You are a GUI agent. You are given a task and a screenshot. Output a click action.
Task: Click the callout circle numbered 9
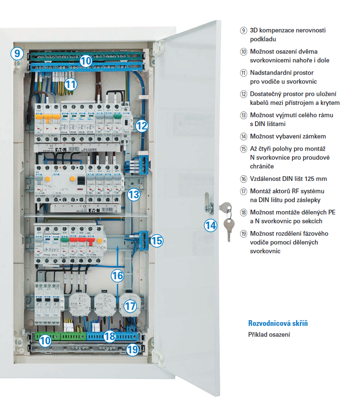tap(17, 52)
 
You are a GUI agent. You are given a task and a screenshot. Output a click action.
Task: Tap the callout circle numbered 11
tap(70, 85)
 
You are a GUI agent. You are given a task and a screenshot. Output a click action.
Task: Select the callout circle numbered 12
tap(142, 125)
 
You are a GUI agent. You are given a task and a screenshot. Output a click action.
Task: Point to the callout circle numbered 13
tap(134, 194)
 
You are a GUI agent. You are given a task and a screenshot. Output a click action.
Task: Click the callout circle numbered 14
tap(210, 225)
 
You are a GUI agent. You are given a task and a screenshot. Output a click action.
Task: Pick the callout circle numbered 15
tap(157, 240)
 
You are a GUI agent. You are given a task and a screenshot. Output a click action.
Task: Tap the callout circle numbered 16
tap(118, 275)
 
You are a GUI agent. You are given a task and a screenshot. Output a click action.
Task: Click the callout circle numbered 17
tap(130, 306)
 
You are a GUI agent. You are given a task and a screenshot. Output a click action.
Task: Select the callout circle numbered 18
tap(110, 336)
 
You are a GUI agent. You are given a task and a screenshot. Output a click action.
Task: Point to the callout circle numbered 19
tap(133, 350)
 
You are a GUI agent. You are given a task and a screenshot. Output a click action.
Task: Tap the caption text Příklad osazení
tap(269, 335)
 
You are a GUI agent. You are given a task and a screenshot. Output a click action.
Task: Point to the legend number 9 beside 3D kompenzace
tap(243, 31)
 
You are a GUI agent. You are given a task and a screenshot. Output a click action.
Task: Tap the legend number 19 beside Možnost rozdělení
tap(243, 234)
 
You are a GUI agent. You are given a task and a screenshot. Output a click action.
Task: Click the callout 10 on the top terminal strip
tap(86, 60)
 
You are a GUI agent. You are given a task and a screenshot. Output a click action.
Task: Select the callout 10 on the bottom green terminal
tap(45, 340)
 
